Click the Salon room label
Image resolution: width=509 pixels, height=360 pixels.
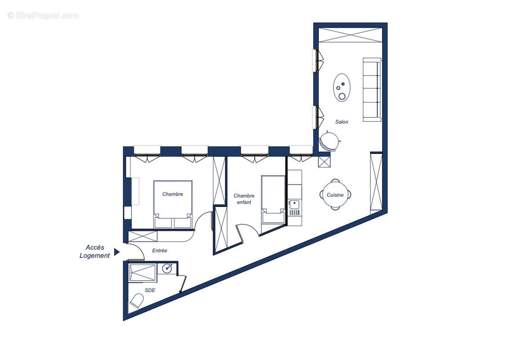pyautogui.click(x=342, y=122)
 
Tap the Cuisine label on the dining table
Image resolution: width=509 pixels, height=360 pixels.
pyautogui.click(x=335, y=195)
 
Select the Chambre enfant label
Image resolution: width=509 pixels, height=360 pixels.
pyautogui.click(x=244, y=199)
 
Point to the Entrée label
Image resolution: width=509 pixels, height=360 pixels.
pyautogui.click(x=160, y=251)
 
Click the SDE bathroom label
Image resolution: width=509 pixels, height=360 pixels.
pyautogui.click(x=150, y=290)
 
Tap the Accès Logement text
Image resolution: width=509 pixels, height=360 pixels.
pyautogui.click(x=95, y=252)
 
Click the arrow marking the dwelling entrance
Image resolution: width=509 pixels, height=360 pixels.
pyautogui.click(x=116, y=252)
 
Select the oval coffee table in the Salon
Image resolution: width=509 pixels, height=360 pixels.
pyautogui.click(x=342, y=87)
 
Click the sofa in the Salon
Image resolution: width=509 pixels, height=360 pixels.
pyautogui.click(x=372, y=90)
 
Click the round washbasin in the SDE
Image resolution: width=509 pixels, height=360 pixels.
pyautogui.click(x=167, y=268)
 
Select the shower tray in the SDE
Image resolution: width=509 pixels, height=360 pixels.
pyautogui.click(x=142, y=273)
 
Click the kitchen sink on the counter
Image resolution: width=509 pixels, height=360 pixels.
pyautogui.click(x=295, y=205)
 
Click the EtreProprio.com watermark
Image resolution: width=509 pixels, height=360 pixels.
pyautogui.click(x=43, y=15)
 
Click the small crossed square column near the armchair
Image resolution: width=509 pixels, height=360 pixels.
pyautogui.click(x=324, y=160)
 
